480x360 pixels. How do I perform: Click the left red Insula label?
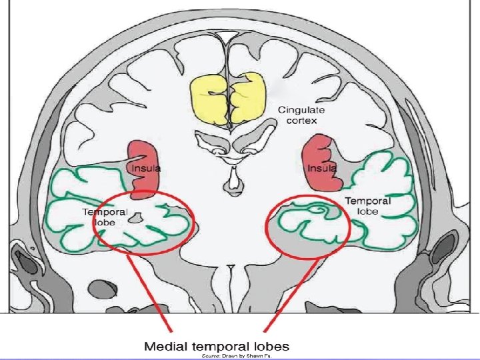146,169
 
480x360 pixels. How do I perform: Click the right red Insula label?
322,169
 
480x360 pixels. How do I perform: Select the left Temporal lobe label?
105,217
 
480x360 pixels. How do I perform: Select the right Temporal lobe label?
368,206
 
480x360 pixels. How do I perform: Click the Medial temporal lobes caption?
217,347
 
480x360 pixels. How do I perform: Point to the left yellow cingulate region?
209,99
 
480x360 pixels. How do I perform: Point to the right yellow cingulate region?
247,97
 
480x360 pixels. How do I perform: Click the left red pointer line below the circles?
150,293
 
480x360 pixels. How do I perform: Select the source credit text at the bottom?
237,356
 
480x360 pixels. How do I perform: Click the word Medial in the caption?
165,347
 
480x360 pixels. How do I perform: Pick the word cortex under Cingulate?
302,121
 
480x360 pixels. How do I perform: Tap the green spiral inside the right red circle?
319,210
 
